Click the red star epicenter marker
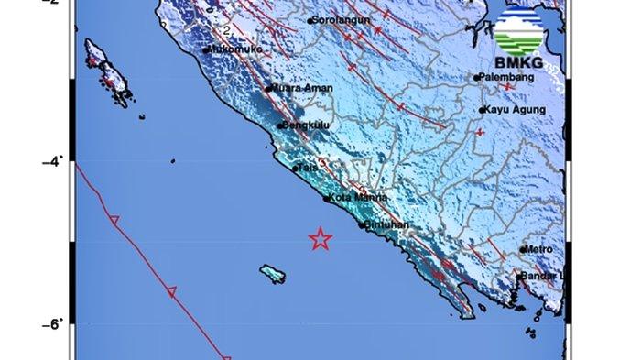(x=320, y=239)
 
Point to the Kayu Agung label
(x=516, y=110)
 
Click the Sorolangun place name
(x=342, y=19)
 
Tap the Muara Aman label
(x=302, y=88)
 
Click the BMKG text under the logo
(x=517, y=63)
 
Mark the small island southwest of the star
(x=272, y=273)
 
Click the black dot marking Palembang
(x=477, y=78)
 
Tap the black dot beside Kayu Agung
(x=483, y=110)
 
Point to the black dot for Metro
(x=524, y=249)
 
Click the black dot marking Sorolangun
(x=310, y=19)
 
